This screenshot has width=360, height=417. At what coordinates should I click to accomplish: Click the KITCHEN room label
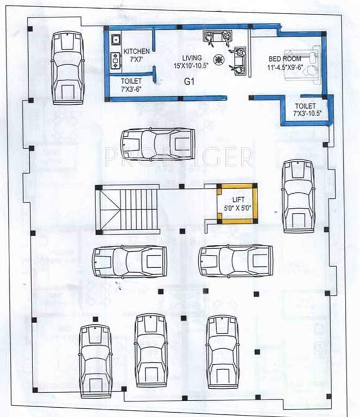point(136,51)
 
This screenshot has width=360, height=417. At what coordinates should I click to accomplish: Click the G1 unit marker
point(190,83)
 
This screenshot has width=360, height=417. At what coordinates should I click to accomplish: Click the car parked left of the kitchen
point(67,67)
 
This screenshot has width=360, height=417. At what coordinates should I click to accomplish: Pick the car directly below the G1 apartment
point(157,144)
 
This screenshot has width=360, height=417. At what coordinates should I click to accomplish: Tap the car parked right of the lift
point(298,196)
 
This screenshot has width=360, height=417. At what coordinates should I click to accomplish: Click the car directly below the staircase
point(129,261)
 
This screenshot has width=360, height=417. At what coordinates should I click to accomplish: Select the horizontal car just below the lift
point(235,261)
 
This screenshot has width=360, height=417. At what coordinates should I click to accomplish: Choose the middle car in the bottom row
point(151,350)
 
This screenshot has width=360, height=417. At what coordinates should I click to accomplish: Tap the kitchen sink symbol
point(116,40)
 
